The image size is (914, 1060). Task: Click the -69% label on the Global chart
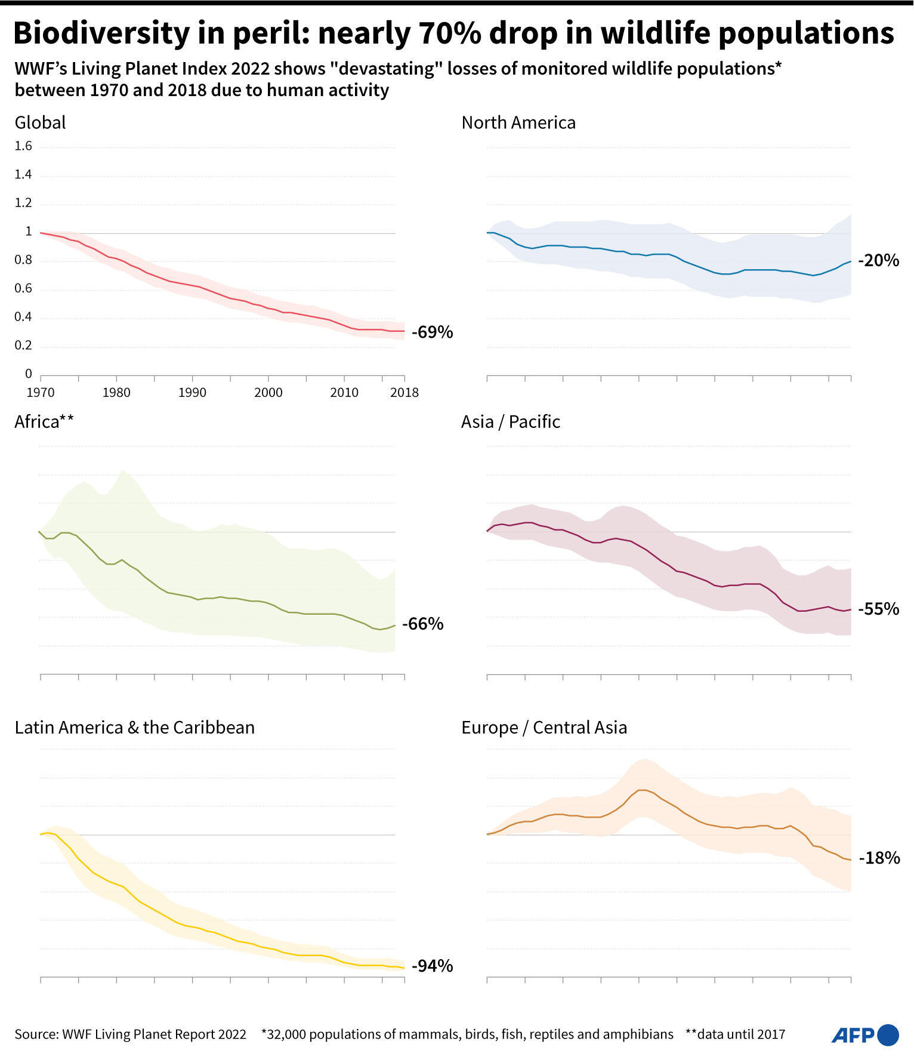coord(433,332)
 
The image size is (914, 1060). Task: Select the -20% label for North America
coord(878,260)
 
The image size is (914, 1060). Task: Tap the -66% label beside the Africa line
coord(423,624)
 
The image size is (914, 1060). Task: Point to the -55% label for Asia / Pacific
coord(878,609)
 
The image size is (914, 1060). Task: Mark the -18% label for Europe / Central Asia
coord(879,858)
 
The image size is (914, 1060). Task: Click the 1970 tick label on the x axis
coord(41,393)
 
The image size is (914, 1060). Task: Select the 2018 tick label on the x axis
coord(404,393)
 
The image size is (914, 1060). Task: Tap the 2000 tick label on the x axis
coord(268,393)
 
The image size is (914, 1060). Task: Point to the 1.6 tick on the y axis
coord(23,146)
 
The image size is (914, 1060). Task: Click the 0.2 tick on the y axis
coord(23,346)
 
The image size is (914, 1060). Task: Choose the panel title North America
coord(518,123)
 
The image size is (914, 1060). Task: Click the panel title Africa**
coord(44,422)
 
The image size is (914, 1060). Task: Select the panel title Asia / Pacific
coord(511,422)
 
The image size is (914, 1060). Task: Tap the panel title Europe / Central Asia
coord(544,728)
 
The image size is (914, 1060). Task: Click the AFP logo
coord(865,1035)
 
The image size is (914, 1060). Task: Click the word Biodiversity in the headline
coord(101,33)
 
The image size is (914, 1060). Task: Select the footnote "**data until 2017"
coord(735,1034)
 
